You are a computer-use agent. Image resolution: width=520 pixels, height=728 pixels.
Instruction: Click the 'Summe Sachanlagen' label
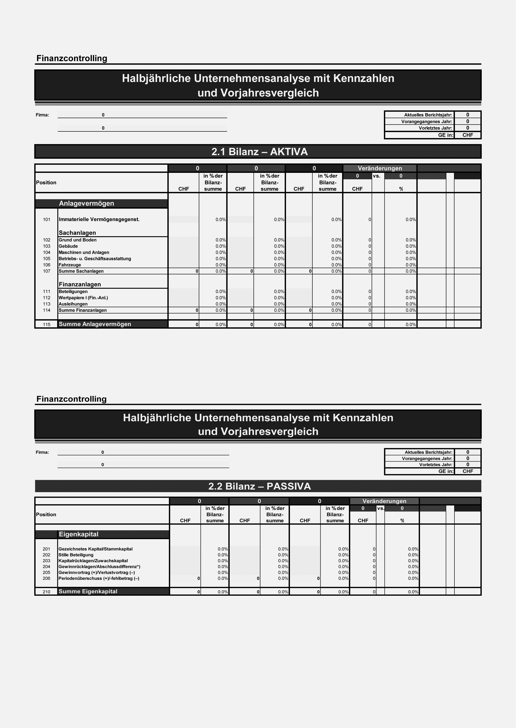82,273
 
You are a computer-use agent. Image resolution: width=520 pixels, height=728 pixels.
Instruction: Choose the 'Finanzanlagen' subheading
80,287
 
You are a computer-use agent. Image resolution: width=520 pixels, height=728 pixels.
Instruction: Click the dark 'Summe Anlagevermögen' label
96,327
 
